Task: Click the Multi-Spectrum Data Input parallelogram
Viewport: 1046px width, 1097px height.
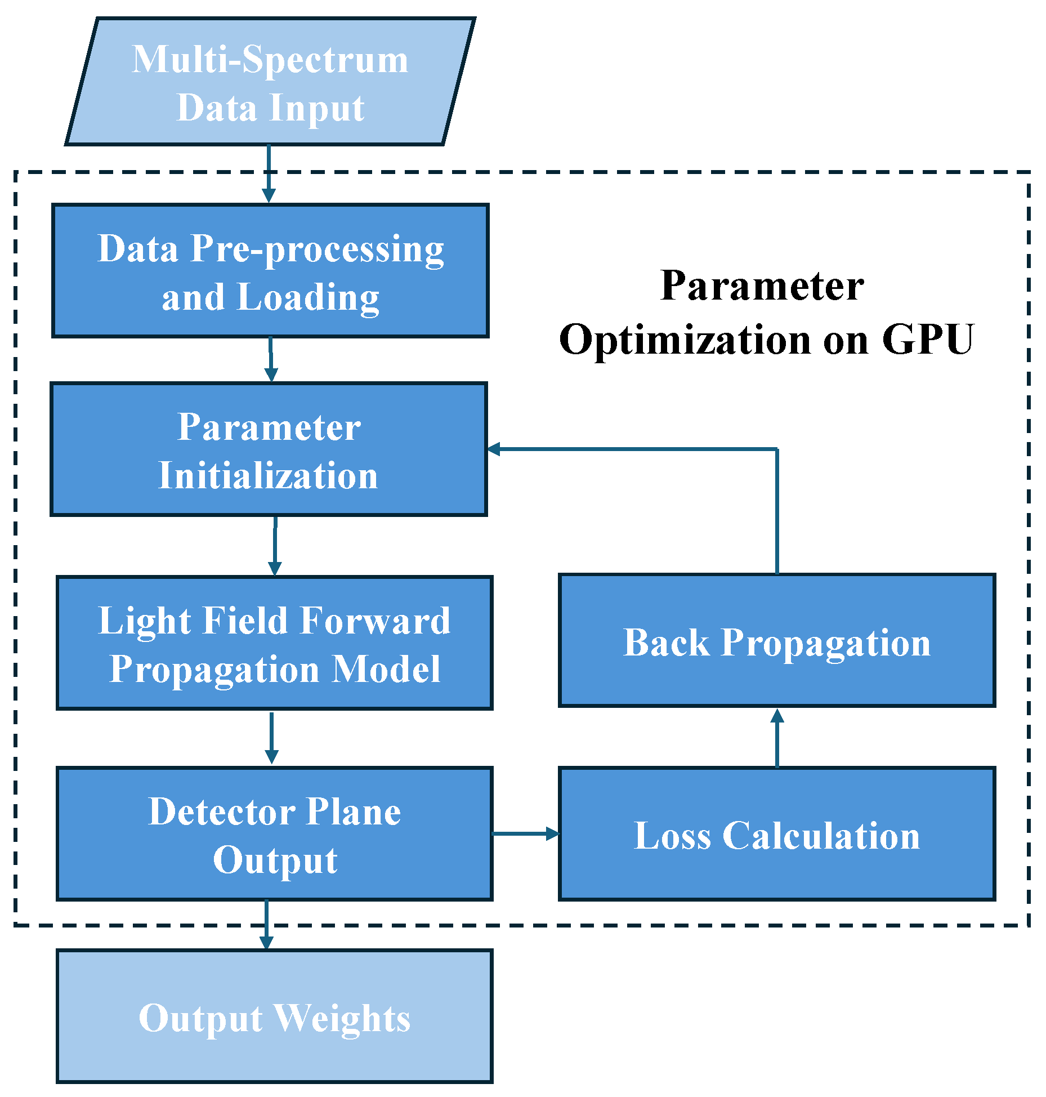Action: click(x=270, y=82)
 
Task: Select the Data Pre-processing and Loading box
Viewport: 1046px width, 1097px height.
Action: click(x=270, y=271)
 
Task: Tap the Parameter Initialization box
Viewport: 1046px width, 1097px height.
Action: click(x=269, y=449)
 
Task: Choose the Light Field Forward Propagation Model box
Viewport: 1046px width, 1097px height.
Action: click(x=275, y=643)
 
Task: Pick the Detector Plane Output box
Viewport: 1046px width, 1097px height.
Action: click(x=275, y=834)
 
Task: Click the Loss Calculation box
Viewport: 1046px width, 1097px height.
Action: click(x=777, y=834)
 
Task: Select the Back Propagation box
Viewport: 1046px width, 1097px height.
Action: click(x=777, y=641)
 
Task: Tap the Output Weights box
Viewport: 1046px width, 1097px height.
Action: click(x=275, y=1016)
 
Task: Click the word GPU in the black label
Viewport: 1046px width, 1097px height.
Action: click(x=927, y=340)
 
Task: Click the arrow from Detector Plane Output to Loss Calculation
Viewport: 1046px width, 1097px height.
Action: click(x=525, y=833)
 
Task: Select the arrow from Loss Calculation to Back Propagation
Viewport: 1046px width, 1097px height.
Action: click(x=777, y=738)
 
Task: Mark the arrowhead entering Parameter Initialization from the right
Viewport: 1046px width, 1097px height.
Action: click(x=494, y=449)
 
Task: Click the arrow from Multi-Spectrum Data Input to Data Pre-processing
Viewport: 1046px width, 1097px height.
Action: click(x=269, y=173)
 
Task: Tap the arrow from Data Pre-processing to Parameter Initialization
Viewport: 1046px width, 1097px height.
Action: click(x=271, y=359)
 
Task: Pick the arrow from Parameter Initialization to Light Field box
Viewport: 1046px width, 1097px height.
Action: click(x=275, y=545)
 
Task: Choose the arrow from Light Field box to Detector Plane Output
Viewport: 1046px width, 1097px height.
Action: click(x=271, y=738)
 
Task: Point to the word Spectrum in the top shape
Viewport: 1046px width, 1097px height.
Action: click(x=325, y=60)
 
